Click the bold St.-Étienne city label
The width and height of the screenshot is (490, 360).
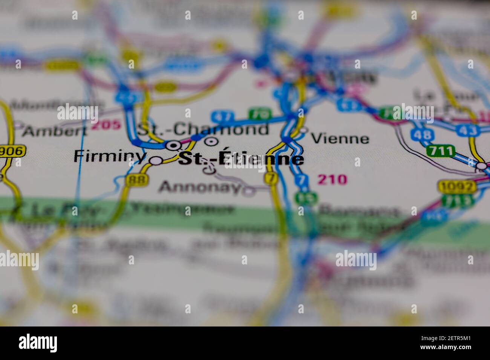tap(240, 159)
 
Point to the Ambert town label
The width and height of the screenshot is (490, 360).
tap(54, 131)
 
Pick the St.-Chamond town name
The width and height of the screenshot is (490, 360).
tap(203, 130)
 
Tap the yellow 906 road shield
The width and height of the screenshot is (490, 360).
tap(12, 152)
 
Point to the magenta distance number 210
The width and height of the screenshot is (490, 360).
tap(332, 180)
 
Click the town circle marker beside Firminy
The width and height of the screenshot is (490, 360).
tap(156, 160)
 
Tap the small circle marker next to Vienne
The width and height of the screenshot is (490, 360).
tap(303, 131)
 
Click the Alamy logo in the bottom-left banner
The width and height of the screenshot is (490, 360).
tap(38, 343)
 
